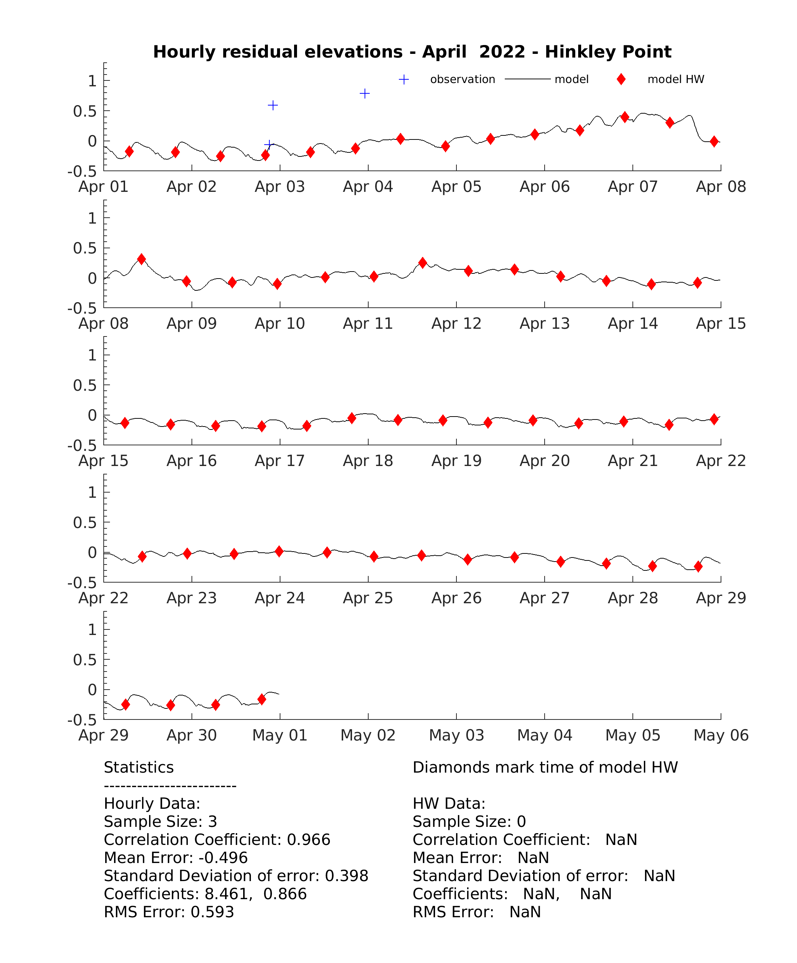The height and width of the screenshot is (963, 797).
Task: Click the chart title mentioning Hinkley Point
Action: tap(412, 52)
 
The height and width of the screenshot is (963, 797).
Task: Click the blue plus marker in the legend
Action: tap(404, 79)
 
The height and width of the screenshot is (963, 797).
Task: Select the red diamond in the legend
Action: tap(621, 79)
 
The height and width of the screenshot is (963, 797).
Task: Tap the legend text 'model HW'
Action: tap(676, 79)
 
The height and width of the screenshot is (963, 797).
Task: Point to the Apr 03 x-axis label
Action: tap(280, 187)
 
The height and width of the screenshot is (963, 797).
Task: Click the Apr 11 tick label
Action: tap(368, 324)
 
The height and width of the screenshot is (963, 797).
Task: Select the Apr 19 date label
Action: tap(456, 461)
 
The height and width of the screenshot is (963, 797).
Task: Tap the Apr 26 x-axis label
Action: tap(456, 598)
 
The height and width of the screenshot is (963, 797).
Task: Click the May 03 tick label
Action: tap(456, 735)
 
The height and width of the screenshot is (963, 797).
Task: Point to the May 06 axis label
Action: tap(721, 735)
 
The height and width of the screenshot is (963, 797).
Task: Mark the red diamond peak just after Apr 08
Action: tap(142, 259)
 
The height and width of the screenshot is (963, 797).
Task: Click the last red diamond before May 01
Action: tap(262, 699)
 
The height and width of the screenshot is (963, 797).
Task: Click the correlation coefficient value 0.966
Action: tap(308, 840)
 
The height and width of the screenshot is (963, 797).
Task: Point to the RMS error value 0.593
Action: tap(212, 912)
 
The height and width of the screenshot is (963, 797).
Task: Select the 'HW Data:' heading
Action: tap(449, 803)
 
